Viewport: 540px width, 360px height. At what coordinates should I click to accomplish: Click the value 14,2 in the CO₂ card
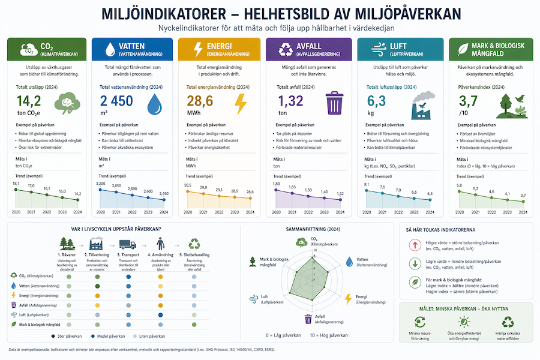tap(28, 101)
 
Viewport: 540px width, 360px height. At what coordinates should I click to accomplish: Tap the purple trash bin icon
tap(333, 103)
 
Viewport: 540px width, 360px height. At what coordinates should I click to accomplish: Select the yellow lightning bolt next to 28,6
tap(240, 103)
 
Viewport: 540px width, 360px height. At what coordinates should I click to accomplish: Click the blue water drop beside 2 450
tap(155, 103)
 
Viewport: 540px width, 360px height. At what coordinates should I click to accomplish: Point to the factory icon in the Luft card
tap(421, 103)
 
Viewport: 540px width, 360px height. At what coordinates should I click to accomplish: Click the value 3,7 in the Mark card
tap(468, 100)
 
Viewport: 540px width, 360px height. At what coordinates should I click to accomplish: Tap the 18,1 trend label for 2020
tap(16, 184)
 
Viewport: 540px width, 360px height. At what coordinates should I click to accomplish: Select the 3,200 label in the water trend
tap(100, 184)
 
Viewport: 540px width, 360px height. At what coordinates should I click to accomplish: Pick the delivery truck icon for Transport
tap(127, 244)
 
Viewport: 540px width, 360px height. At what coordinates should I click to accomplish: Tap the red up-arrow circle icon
tap(413, 245)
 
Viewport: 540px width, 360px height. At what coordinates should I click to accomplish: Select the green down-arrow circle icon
tap(413, 263)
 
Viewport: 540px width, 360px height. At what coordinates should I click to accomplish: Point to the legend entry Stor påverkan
tap(67, 337)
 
